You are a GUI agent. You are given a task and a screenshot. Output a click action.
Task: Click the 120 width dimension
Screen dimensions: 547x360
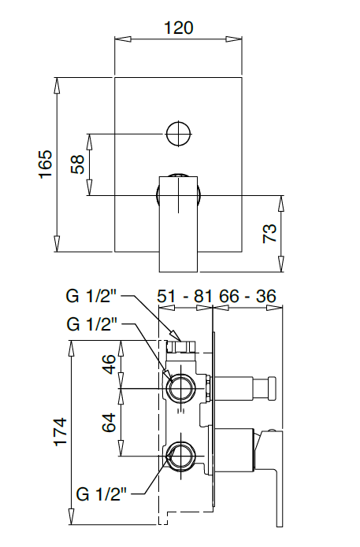178,28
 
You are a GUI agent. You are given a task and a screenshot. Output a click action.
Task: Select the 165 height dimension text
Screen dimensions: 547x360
45,164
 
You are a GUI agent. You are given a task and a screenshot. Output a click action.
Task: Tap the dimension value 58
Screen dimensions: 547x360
78,164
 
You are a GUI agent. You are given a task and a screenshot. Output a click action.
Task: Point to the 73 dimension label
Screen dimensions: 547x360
269,234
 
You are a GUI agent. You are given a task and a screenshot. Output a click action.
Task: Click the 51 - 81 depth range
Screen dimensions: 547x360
185,296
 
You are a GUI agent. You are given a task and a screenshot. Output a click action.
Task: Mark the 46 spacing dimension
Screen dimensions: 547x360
109,364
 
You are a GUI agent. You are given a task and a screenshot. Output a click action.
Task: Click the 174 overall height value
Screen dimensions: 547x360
60,433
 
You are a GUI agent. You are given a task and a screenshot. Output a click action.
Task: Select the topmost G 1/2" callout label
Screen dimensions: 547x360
92,297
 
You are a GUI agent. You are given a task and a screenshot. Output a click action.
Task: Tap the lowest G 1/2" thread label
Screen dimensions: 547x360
102,493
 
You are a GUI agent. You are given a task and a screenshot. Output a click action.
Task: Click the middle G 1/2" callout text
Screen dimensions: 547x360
92,323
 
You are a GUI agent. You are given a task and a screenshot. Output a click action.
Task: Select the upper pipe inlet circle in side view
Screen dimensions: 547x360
180,388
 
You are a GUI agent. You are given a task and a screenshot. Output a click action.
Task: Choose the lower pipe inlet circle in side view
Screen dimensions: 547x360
180,456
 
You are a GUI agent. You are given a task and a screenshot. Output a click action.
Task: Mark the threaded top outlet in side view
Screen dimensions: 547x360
181,344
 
